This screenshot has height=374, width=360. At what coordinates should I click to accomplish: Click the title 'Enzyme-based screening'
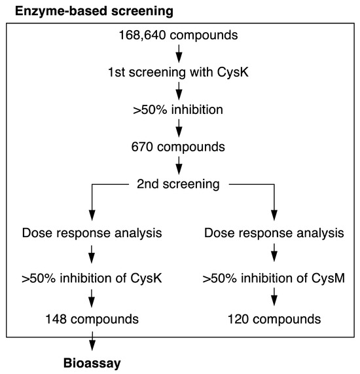click(94, 11)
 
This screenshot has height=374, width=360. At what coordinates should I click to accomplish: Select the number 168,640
click(142, 35)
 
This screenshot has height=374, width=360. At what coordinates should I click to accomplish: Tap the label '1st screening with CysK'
click(178, 72)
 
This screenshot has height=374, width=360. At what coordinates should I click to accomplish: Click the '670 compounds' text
click(178, 147)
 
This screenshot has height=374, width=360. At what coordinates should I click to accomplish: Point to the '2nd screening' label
click(178, 184)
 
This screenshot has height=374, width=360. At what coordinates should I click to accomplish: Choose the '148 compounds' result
click(92, 319)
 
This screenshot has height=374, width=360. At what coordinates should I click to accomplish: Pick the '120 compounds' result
click(274, 319)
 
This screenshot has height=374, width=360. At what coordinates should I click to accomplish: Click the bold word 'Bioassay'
click(92, 363)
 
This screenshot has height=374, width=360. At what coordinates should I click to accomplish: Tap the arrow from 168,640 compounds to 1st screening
click(179, 54)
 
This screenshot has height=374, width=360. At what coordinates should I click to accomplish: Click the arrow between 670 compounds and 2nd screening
click(179, 166)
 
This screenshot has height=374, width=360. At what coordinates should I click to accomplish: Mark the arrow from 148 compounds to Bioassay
click(92, 341)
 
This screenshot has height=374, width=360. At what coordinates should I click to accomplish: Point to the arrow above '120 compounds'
click(274, 297)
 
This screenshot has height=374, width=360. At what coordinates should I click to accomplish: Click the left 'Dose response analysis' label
click(92, 233)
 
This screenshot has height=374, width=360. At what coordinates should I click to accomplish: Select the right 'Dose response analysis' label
click(274, 233)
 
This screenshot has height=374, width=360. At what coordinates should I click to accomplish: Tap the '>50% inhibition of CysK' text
click(92, 278)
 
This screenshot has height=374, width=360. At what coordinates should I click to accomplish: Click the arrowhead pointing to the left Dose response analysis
click(92, 215)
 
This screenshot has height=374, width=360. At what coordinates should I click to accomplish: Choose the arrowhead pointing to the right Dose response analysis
click(274, 215)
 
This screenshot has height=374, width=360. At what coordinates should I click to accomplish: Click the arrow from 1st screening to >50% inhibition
click(179, 91)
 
